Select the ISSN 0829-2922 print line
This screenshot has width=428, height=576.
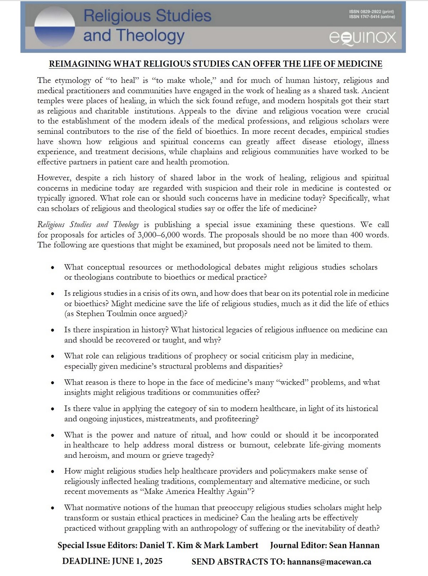pyautogui.click(x=372, y=12)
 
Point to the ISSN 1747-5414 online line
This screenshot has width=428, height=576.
pyautogui.click(x=372, y=17)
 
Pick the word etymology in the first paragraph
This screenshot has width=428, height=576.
pyautogui.click(x=74, y=80)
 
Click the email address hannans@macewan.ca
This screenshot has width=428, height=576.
pyautogui.click(x=329, y=562)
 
